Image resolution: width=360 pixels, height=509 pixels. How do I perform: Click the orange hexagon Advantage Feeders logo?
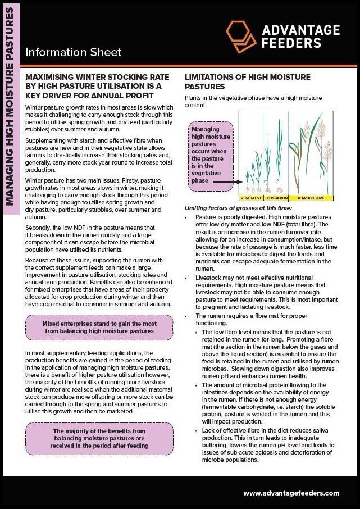point(241,35)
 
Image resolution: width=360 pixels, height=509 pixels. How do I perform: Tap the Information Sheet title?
point(73,53)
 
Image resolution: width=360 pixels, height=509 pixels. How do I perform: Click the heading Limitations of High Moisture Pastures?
point(247,81)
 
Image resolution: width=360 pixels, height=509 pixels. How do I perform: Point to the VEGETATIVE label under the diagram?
point(251,198)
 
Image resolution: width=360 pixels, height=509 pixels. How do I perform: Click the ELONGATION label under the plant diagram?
point(275,198)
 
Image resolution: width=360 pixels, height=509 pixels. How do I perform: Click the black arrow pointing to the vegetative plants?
point(227,183)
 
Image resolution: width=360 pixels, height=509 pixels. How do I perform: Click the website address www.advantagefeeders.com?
point(291,493)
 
